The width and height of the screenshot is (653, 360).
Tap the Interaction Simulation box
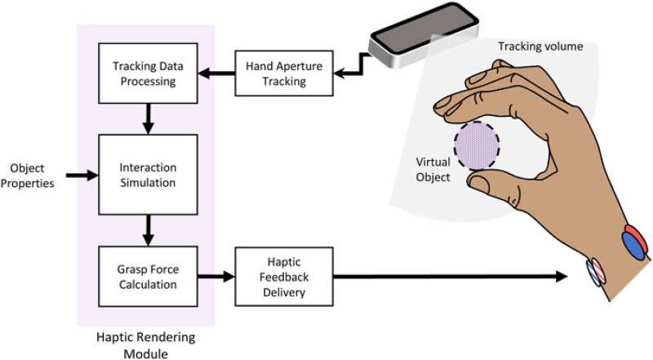pyautogui.click(x=147, y=175)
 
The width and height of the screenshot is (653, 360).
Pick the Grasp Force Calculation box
pyautogui.click(x=147, y=277)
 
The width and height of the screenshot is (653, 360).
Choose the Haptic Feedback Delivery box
pyautogui.click(x=284, y=277)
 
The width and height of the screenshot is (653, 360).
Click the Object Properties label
pyautogui.click(x=27, y=175)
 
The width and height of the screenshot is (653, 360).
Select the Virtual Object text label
pyautogui.click(x=433, y=169)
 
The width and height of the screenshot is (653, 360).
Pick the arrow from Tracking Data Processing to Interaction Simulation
pyautogui.click(x=148, y=118)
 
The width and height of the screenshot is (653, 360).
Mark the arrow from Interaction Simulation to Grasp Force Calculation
pyautogui.click(x=148, y=229)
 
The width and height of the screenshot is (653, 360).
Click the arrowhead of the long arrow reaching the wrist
pyautogui.click(x=561, y=277)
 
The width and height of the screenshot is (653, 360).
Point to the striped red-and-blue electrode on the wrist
pyautogui.click(x=594, y=271)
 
